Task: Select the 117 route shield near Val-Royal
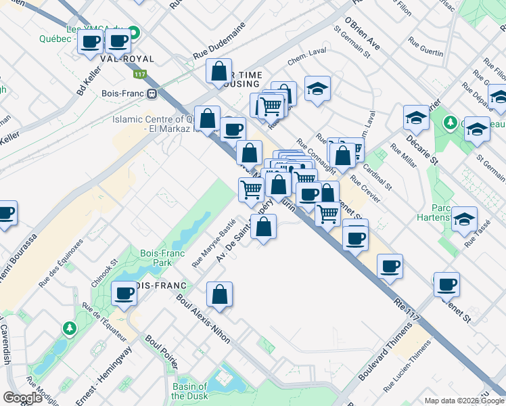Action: (140, 74)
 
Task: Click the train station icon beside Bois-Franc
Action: (153, 93)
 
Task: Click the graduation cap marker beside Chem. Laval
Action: (317, 89)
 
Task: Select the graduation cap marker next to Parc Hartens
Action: (464, 219)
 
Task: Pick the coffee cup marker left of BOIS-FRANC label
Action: (124, 293)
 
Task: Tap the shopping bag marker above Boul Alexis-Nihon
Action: (219, 294)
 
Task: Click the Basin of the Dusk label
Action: (189, 391)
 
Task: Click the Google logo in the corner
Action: (22, 397)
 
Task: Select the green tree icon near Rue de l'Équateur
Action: (69, 328)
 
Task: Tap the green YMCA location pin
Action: (134, 31)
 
